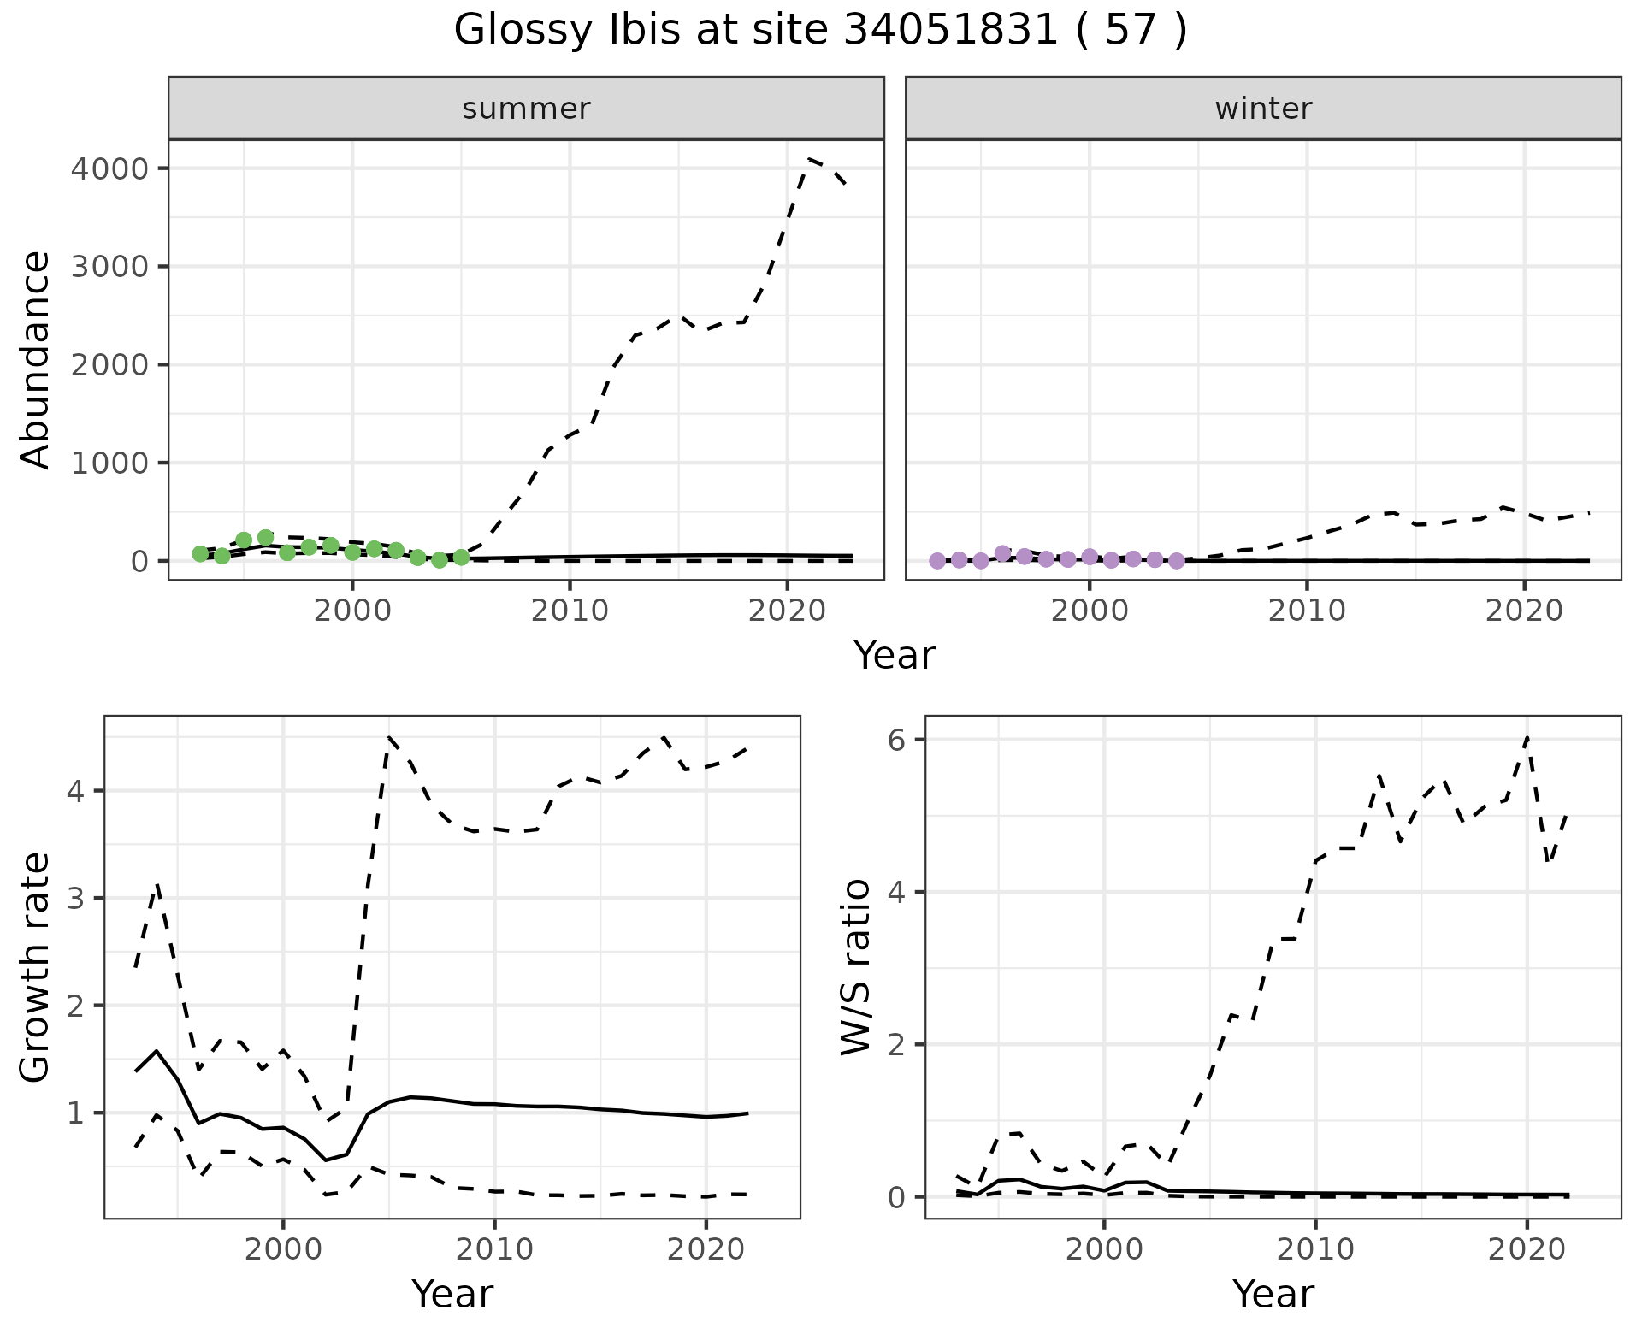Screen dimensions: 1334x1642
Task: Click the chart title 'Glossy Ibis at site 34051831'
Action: click(819, 31)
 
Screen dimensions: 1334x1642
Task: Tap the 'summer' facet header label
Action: click(526, 109)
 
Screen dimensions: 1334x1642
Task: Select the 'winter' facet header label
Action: click(1263, 109)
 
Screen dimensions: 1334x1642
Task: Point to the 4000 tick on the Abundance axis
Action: click(110, 168)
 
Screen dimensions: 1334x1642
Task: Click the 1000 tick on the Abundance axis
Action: click(110, 463)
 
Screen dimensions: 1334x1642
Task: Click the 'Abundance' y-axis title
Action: click(36, 359)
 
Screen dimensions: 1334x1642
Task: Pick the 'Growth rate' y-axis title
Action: click(36, 967)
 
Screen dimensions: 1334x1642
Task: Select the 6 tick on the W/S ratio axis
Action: click(897, 740)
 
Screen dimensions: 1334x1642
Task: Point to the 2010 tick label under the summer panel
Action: click(570, 611)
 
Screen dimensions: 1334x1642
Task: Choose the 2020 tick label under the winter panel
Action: click(1524, 611)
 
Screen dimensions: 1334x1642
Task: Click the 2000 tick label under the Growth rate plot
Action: click(283, 1249)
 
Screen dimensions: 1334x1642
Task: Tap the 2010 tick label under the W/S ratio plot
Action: click(1315, 1249)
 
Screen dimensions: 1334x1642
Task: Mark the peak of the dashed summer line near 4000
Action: click(808, 159)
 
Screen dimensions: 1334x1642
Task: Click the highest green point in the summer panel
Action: click(265, 538)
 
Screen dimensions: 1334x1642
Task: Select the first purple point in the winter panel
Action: click(937, 561)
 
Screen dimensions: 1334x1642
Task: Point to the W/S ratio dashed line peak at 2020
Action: click(1527, 736)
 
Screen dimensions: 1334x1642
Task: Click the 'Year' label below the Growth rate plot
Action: click(452, 1294)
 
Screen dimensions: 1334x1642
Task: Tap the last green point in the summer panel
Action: click(461, 558)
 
